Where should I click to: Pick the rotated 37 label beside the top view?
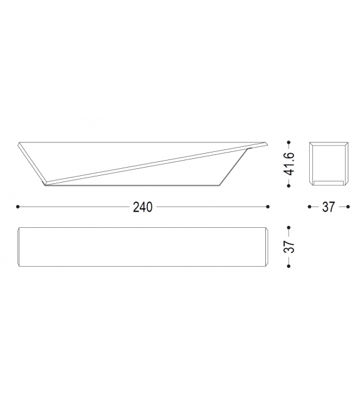click(x=290, y=246)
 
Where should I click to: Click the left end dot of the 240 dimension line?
click(x=18, y=207)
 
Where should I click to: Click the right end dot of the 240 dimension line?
click(x=268, y=207)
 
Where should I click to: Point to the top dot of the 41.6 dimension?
click(x=289, y=141)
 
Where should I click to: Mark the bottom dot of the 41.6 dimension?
click(x=289, y=184)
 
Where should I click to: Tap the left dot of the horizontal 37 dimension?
click(x=310, y=207)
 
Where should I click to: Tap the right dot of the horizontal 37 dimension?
click(x=348, y=207)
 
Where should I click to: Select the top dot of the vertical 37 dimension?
click(x=289, y=227)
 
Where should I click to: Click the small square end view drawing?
click(x=329, y=162)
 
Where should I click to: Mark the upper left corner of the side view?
click(x=19, y=142)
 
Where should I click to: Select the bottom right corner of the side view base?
click(x=221, y=185)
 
